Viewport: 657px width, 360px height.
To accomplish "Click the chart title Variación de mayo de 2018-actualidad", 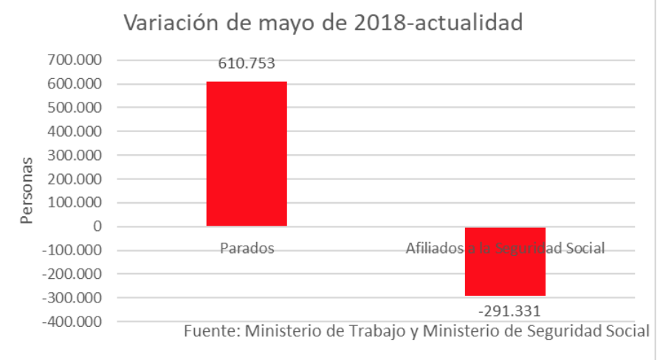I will point(323,23).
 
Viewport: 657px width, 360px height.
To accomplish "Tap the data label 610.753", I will point(247,63).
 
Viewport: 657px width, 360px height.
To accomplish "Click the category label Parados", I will point(247,249).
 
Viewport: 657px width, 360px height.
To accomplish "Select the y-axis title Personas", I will point(27,190).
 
